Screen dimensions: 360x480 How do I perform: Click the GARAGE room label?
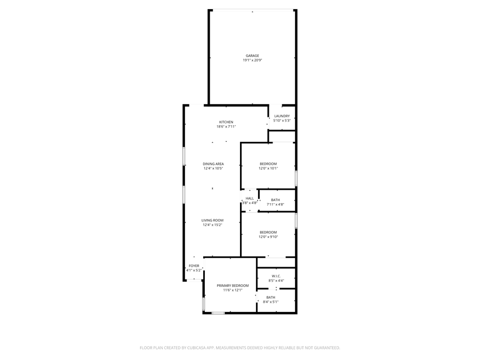click(252, 55)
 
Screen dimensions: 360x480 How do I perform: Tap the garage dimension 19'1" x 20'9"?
click(252, 60)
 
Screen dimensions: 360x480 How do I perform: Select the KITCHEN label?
click(226, 122)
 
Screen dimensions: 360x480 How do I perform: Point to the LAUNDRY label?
click(282, 116)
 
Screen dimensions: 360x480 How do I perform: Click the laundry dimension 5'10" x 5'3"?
click(282, 121)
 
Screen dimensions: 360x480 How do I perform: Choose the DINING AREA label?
click(213, 164)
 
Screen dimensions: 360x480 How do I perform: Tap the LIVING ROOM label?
click(212, 220)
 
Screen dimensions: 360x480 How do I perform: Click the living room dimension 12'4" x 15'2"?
click(212, 225)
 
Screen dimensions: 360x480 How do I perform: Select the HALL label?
click(250, 198)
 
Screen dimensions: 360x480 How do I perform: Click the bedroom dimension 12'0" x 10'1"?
click(268, 169)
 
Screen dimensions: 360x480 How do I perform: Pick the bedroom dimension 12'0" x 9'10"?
click(268, 237)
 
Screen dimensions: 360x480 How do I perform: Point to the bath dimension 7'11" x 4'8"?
click(275, 204)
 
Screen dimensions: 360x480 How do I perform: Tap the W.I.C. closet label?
click(276, 276)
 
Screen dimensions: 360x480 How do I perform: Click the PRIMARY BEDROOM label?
click(233, 285)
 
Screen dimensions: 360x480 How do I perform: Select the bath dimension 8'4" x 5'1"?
click(271, 302)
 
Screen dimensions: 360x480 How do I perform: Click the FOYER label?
click(194, 266)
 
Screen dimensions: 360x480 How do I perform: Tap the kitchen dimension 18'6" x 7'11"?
click(226, 127)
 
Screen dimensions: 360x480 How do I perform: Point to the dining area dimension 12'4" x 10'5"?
click(213, 169)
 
